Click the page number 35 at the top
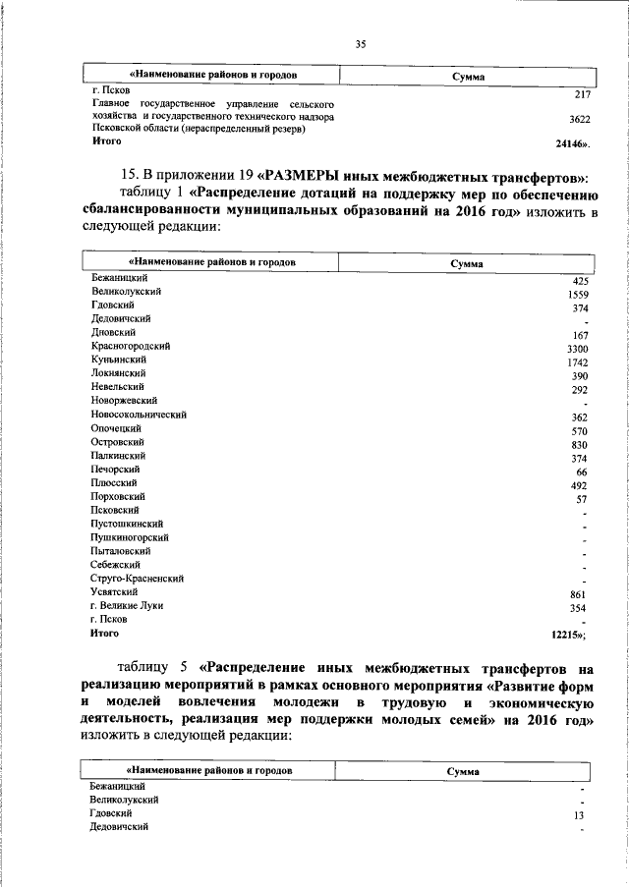[360, 43]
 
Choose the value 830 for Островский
[579, 445]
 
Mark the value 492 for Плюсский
[579, 485]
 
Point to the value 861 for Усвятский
[579, 595]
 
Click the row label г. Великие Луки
[126, 606]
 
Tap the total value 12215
[569, 636]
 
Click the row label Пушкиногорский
[130, 537]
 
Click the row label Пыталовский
[121, 551]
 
